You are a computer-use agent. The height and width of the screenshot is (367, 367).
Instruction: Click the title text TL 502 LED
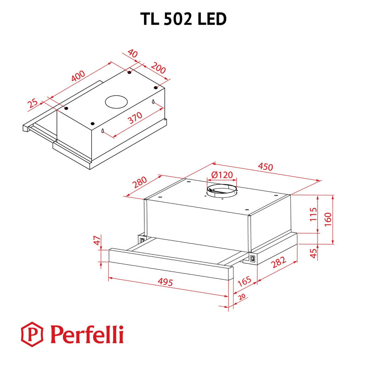coord(183,19)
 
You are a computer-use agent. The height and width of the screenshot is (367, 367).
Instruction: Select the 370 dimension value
coord(135,118)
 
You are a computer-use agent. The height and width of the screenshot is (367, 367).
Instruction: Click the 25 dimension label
coord(33,104)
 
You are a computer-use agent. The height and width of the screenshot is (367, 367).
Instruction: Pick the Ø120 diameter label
coord(222,175)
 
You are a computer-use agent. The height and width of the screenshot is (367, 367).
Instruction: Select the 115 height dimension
coord(313,214)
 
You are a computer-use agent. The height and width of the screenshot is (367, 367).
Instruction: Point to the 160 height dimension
coord(328,219)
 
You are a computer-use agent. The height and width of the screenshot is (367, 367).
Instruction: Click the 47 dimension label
coord(96,241)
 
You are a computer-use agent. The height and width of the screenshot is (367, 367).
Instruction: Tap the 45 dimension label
coord(314,253)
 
